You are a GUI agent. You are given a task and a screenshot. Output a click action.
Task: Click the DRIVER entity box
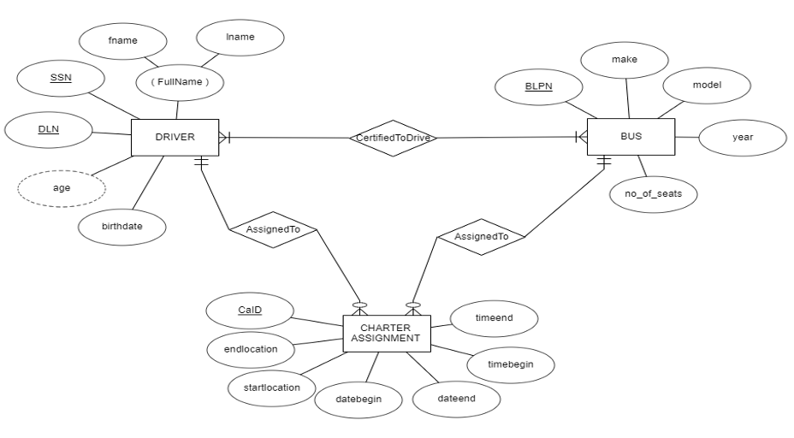175,137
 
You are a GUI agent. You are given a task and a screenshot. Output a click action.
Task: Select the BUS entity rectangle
631,136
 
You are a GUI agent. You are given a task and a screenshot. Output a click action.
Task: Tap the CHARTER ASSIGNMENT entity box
385,333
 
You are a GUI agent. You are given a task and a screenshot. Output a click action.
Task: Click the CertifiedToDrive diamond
393,138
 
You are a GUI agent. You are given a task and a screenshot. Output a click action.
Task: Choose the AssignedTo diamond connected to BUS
480,236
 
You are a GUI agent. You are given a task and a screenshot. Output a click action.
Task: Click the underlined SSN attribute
61,78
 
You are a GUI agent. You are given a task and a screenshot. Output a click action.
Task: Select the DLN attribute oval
49,130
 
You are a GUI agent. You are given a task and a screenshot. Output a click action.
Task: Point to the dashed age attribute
62,188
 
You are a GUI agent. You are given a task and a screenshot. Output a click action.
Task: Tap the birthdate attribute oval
121,227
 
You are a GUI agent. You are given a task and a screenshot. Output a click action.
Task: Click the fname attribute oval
122,39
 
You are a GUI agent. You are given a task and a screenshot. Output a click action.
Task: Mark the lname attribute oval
240,37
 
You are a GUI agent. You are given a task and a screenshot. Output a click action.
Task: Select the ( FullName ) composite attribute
180,82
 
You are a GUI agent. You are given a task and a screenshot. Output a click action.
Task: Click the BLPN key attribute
540,86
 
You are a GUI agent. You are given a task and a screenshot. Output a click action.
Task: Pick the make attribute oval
624,59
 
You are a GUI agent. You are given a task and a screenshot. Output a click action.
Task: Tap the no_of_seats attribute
654,194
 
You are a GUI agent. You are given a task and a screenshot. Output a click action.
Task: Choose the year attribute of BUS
742,137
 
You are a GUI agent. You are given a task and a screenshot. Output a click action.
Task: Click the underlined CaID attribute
250,311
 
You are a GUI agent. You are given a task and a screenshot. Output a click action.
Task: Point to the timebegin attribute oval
510,364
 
